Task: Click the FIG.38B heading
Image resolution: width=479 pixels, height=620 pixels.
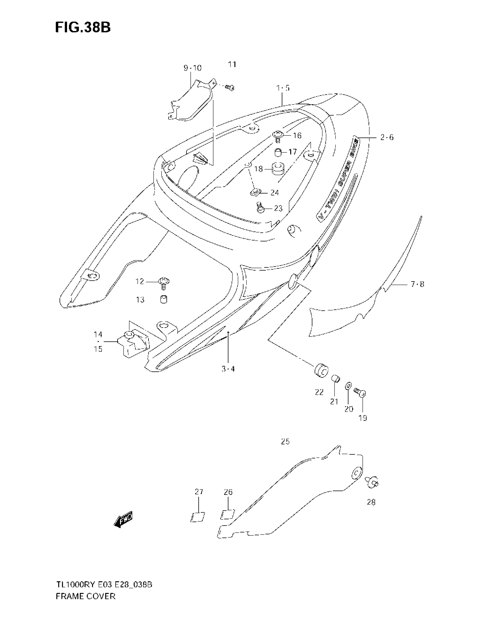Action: click(x=83, y=28)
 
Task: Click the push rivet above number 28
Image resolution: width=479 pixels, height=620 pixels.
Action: click(x=372, y=482)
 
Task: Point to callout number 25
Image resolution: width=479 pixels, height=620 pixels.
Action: click(x=285, y=441)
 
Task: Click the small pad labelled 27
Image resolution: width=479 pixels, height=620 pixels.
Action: click(x=198, y=517)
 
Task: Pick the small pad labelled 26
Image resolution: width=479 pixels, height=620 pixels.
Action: click(x=228, y=514)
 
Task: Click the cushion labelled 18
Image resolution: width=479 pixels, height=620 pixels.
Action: click(x=278, y=169)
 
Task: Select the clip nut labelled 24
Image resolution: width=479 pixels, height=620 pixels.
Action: click(x=255, y=193)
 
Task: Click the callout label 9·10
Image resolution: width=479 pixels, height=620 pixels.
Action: click(x=192, y=68)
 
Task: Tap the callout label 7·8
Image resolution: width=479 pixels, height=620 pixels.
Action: click(x=417, y=284)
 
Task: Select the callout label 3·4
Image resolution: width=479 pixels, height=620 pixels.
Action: click(x=228, y=369)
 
